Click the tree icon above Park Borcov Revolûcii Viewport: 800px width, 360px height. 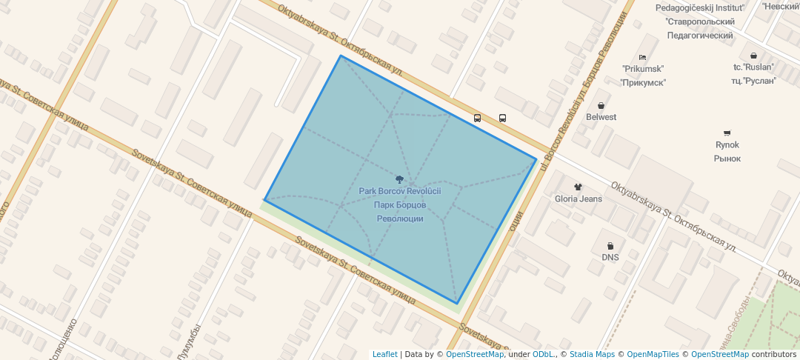(x=399, y=179)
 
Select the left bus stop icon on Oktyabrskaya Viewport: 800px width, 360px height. (x=477, y=118)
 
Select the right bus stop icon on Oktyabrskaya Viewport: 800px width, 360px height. (x=502, y=118)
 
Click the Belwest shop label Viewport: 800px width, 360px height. (x=601, y=117)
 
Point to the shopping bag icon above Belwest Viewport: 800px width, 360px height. (x=601, y=105)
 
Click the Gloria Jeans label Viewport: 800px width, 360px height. (x=578, y=199)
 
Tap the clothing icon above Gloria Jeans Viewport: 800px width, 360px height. (x=578, y=187)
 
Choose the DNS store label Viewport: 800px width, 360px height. (x=610, y=258)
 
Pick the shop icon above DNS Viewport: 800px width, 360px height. (x=610, y=246)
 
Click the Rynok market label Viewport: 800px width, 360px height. (x=727, y=145)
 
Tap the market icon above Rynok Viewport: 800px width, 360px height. (x=727, y=133)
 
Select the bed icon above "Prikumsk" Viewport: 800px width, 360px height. (x=642, y=57)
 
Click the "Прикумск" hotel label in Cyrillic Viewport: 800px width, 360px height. (x=642, y=82)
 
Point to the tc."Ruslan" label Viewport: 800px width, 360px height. (x=753, y=67)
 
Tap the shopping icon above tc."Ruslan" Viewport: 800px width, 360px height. (x=753, y=55)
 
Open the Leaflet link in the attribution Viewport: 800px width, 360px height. (x=384, y=354)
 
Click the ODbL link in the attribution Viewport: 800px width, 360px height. (x=544, y=354)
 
